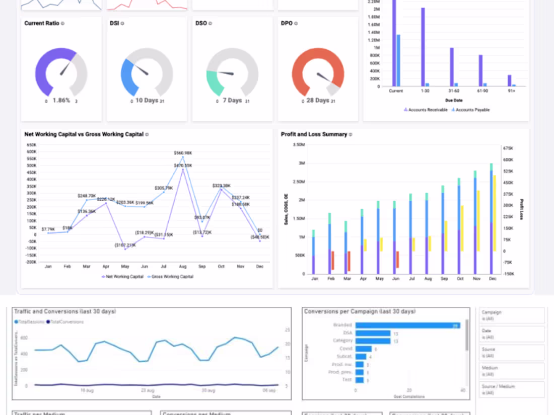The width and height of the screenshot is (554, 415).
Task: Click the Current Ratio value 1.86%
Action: [61, 101]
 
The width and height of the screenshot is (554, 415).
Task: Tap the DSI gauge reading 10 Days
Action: [147, 101]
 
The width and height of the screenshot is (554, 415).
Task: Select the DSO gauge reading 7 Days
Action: [232, 101]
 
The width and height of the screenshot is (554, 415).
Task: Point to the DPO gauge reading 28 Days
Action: [317, 101]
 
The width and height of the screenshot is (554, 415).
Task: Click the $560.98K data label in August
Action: [183, 153]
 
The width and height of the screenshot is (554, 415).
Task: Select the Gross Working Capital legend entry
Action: [172, 276]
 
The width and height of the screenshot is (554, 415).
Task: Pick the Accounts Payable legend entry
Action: [472, 110]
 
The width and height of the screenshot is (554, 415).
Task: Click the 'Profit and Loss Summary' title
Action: [314, 134]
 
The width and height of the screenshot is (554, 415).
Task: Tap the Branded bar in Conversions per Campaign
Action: [407, 325]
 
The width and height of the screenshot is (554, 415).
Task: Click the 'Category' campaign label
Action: [342, 341]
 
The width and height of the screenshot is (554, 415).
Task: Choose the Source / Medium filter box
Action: [512, 389]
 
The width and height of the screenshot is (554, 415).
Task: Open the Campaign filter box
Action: [512, 315]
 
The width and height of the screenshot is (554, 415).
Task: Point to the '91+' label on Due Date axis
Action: [512, 91]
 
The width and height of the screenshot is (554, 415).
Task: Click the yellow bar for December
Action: [495, 213]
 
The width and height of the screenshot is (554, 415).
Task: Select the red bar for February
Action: [333, 260]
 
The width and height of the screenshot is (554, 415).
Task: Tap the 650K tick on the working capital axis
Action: [31, 144]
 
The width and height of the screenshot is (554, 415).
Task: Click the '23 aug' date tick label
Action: [148, 390]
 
